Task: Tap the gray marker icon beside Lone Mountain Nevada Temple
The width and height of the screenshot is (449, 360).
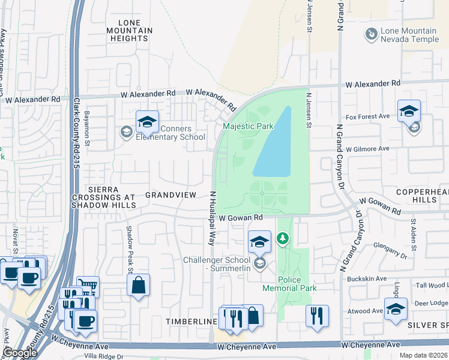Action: [372, 35]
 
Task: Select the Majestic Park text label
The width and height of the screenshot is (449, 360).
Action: [248, 126]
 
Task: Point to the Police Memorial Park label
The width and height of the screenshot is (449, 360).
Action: [289, 284]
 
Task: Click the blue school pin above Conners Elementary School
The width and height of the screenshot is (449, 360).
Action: [147, 122]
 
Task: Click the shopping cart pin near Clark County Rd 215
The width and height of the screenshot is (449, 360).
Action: [88, 287]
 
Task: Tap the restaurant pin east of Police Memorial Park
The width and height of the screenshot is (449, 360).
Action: [317, 316]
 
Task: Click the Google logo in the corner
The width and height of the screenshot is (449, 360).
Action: [20, 353]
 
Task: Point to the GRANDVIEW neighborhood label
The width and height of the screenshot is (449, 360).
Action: [171, 195]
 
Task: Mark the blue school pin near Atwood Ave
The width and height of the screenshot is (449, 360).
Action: [396, 310]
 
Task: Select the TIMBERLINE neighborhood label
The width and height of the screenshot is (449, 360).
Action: [191, 322]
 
